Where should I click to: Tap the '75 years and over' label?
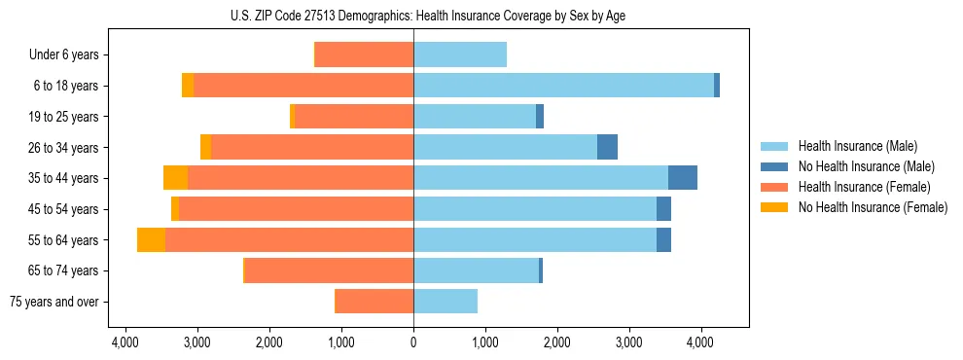coord(53,302)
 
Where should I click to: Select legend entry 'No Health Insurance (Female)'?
coord(872,207)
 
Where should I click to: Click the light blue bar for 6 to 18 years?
coord(563,86)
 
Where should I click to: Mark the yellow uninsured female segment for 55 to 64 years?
coord(151,239)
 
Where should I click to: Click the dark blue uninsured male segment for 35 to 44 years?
coord(683,178)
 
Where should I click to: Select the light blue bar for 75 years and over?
coord(446,302)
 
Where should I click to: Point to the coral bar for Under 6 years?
coord(364,55)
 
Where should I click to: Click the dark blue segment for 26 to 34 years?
coord(607,147)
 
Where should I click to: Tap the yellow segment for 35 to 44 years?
coord(175,178)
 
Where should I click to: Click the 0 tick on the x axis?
coord(413,342)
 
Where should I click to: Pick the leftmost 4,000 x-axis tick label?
coord(125,342)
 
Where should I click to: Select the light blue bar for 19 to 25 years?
coord(475,117)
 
